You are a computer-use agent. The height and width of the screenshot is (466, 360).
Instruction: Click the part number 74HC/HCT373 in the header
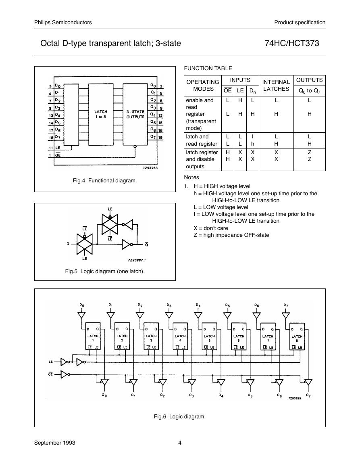pyautogui.click(x=292, y=44)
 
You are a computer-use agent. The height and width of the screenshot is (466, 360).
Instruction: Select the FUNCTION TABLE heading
pyautogui.click(x=208, y=68)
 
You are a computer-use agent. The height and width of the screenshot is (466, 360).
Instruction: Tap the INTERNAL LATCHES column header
pyautogui.click(x=276, y=85)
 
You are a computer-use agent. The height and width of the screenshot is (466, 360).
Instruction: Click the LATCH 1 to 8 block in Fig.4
pyautogui.click(x=101, y=115)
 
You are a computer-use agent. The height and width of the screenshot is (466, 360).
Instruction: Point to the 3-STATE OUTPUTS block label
pyautogui.click(x=135, y=115)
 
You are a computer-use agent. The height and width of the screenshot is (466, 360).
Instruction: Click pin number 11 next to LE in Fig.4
pyautogui.click(x=51, y=148)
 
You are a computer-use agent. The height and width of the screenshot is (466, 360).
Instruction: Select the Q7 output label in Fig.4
pyautogui.click(x=153, y=137)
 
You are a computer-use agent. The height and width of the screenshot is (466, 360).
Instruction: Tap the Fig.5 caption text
pyautogui.click(x=105, y=272)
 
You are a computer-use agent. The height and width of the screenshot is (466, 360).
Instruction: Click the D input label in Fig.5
pyautogui.click(x=68, y=244)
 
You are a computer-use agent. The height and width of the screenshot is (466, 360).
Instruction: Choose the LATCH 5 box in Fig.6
pyautogui.click(x=209, y=336)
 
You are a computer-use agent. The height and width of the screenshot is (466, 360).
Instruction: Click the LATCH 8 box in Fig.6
pyautogui.click(x=297, y=336)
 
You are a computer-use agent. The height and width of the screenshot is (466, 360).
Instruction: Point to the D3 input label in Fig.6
pyautogui.click(x=169, y=305)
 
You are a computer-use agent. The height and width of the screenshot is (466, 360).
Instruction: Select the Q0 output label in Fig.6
pyautogui.click(x=104, y=395)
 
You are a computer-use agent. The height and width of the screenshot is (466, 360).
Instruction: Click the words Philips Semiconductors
pyautogui.click(x=63, y=22)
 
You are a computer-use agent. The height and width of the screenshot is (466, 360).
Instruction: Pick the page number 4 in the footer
pyautogui.click(x=180, y=443)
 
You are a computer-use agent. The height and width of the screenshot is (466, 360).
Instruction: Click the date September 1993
pyautogui.click(x=55, y=443)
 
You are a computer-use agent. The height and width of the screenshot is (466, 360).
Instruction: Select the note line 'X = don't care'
pyautogui.click(x=211, y=228)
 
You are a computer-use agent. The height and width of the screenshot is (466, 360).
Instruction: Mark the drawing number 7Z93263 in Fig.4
pyautogui.click(x=150, y=168)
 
